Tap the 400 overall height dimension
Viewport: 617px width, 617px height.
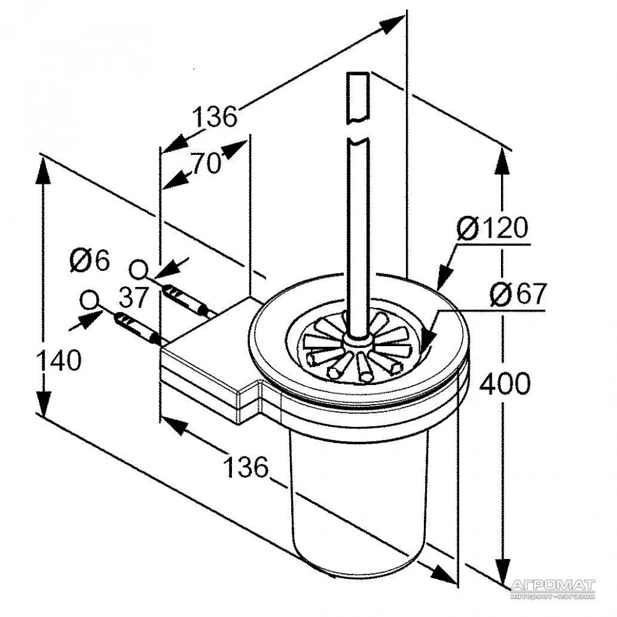[505, 384]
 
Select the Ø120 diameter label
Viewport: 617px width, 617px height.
[492, 228]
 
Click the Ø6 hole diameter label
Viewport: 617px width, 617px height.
[89, 260]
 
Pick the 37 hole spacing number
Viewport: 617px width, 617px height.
[133, 297]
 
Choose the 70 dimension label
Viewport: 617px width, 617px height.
[206, 164]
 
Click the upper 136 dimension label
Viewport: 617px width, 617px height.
[215, 116]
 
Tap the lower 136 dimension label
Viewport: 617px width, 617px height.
[245, 467]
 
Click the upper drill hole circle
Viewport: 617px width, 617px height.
[138, 270]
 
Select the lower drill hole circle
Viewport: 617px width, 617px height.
[89, 300]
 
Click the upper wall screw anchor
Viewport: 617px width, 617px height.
[185, 299]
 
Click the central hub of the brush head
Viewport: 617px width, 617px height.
[357, 340]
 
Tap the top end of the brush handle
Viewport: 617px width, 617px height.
[358, 73]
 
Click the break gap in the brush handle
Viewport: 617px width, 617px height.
[358, 130]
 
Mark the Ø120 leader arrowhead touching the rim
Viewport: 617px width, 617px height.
[444, 277]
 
